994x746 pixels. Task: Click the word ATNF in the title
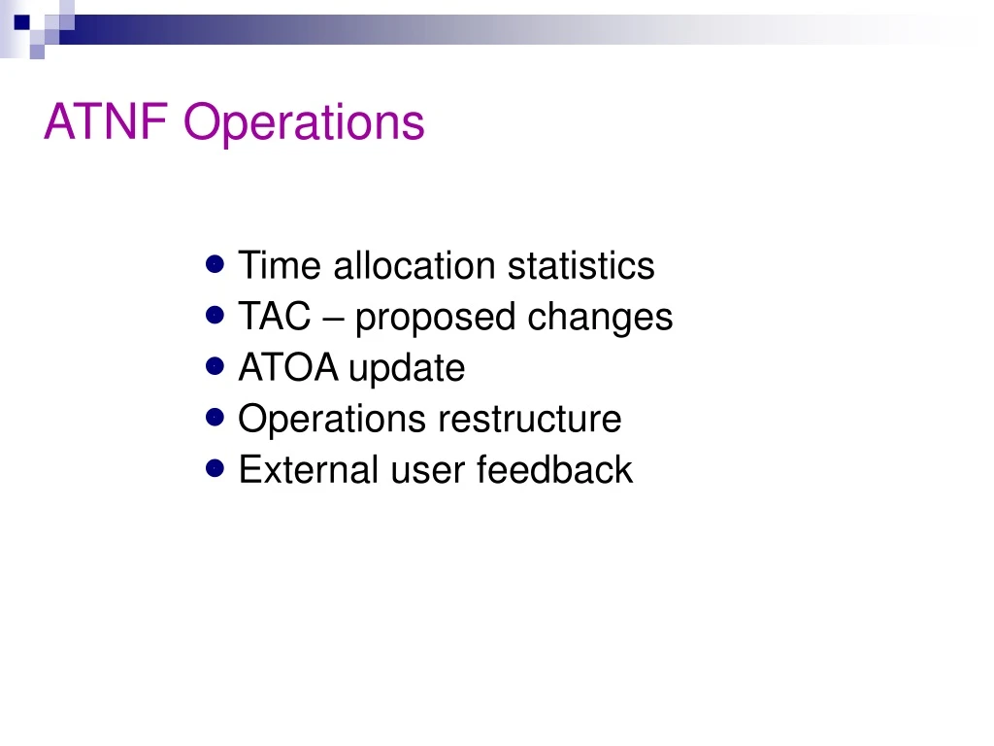[x=108, y=123]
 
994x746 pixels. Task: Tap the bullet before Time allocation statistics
[x=216, y=263]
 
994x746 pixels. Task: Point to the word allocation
[x=414, y=265]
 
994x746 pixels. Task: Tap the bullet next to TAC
[x=216, y=315]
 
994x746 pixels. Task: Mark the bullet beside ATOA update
[x=216, y=366]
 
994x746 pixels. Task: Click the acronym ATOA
[x=288, y=368]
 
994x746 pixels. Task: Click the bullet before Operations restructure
[x=216, y=418]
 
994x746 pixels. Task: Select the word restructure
[x=529, y=420]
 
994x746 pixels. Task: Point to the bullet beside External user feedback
[x=216, y=468]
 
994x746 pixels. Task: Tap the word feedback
[x=554, y=470]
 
